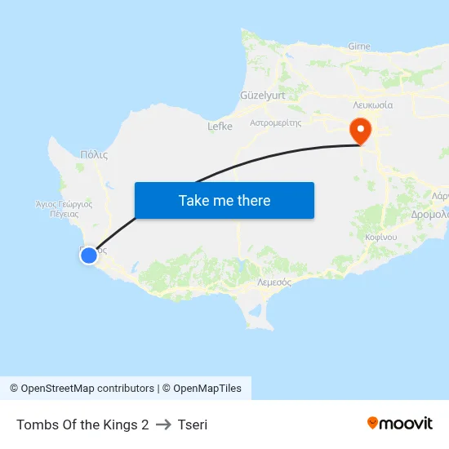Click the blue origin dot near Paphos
click(89, 256)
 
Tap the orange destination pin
click(360, 131)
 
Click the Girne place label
click(359, 47)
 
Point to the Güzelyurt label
click(262, 96)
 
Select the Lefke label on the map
click(220, 127)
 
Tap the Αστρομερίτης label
click(276, 122)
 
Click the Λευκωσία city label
click(373, 105)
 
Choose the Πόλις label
click(95, 153)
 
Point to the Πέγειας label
click(64, 213)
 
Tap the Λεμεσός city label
click(274, 281)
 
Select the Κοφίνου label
click(381, 236)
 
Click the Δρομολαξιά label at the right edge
click(430, 215)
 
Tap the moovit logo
click(400, 424)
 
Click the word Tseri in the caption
click(192, 425)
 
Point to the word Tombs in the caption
click(35, 425)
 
